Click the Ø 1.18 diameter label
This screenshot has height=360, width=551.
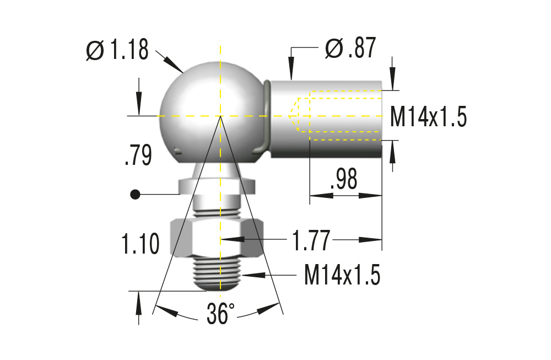pyautogui.click(x=118, y=51)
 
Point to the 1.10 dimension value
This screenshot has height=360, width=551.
pyautogui.click(x=141, y=243)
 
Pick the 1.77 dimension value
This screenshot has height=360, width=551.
pyautogui.click(x=311, y=240)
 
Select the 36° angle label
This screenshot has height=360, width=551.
pyautogui.click(x=220, y=314)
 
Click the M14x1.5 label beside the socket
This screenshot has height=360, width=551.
pyautogui.click(x=428, y=117)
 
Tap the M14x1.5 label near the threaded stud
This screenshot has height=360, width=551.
pyautogui.click(x=342, y=275)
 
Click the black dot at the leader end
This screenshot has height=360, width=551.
pyautogui.click(x=134, y=194)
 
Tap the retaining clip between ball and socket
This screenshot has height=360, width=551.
pyautogui.click(x=267, y=116)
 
